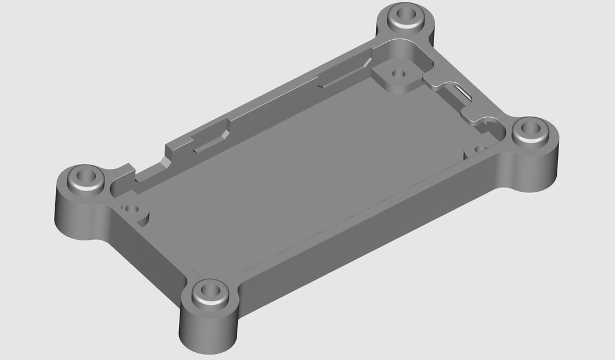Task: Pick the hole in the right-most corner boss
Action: pyautogui.click(x=531, y=128)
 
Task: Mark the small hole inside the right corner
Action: pyautogui.click(x=480, y=148)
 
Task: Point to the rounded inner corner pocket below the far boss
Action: pyautogui.click(x=417, y=57)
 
